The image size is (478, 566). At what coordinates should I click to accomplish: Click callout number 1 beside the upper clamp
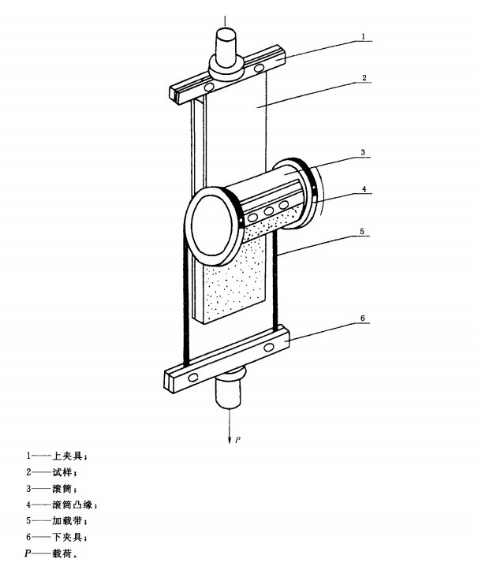(363, 36)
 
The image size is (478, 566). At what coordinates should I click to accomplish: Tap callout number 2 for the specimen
(364, 77)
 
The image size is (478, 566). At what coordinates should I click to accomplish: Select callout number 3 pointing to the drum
(363, 152)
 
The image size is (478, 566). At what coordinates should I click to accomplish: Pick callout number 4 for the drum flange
(364, 188)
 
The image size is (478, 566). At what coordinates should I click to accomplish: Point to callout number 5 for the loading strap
(362, 232)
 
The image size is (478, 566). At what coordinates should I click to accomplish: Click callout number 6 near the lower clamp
(363, 318)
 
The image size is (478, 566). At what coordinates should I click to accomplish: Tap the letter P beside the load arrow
(237, 440)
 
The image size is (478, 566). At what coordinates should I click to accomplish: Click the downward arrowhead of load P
(229, 440)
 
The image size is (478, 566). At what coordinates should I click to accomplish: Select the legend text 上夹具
(67, 456)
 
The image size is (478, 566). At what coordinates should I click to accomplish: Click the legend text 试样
(62, 472)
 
